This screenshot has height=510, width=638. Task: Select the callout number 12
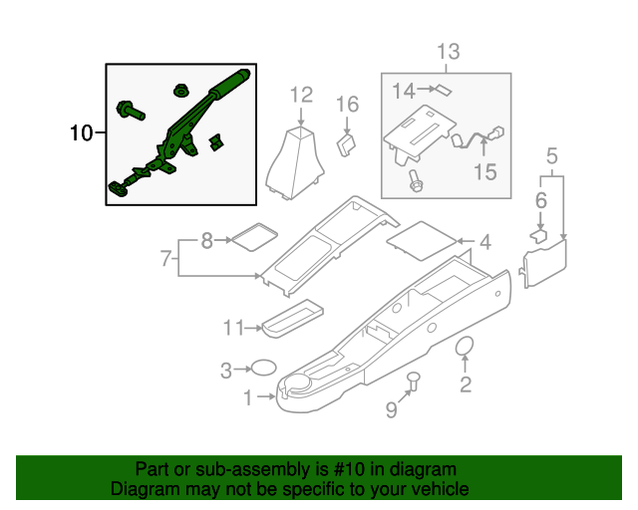[x=301, y=95]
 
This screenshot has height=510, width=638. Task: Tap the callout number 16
[x=346, y=104]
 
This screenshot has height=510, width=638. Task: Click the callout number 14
[x=403, y=92]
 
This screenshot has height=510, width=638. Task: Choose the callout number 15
[x=484, y=172]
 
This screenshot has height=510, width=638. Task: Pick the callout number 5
[x=552, y=155]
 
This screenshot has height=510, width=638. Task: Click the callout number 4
[x=484, y=241]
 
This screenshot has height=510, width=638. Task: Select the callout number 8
[x=206, y=239]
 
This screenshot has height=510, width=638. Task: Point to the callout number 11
[x=233, y=327]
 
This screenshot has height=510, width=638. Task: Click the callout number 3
[x=226, y=371]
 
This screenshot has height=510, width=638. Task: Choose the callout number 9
[x=391, y=409]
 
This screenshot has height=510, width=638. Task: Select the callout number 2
[x=465, y=384]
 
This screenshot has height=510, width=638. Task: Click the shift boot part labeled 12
[x=296, y=158]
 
